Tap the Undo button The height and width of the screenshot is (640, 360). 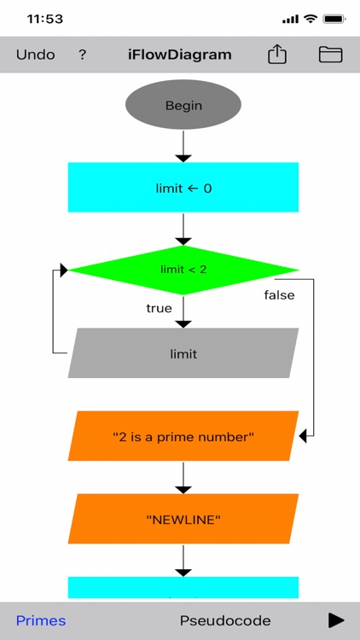tap(35, 55)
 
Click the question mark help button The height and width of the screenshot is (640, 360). tap(83, 55)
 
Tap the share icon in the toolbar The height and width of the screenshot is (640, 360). tap(277, 55)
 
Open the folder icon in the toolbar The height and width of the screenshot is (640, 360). tap(330, 55)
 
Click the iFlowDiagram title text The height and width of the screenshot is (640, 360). tap(179, 55)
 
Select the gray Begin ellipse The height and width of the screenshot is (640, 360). tap(183, 106)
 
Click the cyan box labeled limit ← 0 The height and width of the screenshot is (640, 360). tap(183, 188)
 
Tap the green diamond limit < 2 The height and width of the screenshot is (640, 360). tap(183, 270)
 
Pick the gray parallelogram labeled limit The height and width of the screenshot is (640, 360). tap(183, 353)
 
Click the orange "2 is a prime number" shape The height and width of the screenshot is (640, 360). tap(183, 436)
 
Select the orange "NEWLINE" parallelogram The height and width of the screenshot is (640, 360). tap(183, 519)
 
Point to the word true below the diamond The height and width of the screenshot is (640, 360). tap(159, 308)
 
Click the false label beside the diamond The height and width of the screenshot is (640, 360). tap(278, 295)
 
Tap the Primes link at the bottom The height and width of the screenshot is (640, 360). tap(41, 620)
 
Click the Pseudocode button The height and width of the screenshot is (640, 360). tap(225, 620)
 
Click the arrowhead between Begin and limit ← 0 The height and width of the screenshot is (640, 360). tap(183, 157)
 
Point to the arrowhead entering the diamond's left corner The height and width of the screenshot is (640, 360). tap(62, 270)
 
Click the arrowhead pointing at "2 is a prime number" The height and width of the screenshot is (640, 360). tap(304, 436)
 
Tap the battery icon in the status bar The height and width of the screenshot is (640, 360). tap(334, 19)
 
